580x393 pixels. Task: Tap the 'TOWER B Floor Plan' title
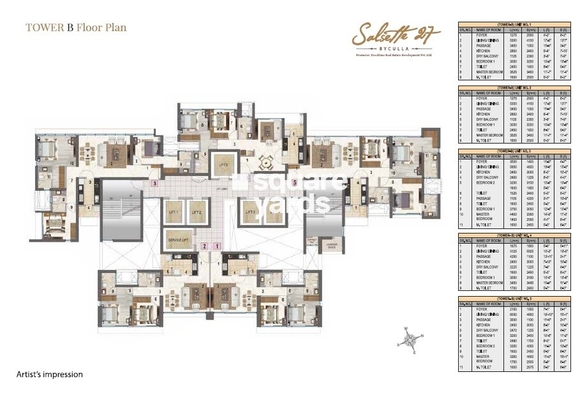coord(76,27)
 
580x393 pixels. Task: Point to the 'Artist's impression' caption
coord(49,374)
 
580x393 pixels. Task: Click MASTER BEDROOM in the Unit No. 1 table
coord(491,72)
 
